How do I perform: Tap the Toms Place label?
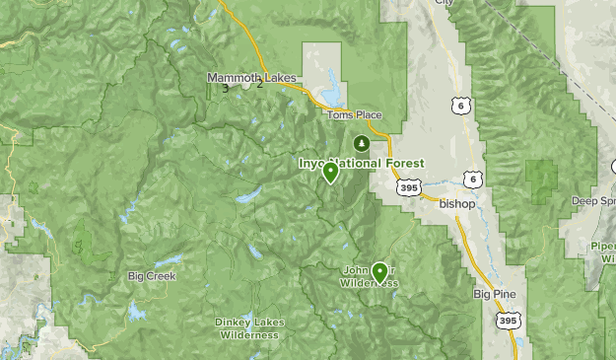tap(354, 115)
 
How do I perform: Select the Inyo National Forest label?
tap(362, 163)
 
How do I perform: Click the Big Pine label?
tap(494, 294)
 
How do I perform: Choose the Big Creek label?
tap(152, 276)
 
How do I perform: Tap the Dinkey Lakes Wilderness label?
tap(247, 327)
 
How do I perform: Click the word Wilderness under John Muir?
tap(370, 283)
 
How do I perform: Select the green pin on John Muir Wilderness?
tap(379, 271)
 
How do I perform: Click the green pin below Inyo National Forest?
tap(331, 172)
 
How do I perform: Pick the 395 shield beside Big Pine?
tap(508, 322)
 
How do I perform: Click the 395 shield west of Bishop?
tap(410, 185)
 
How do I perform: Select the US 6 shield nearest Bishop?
tap(475, 179)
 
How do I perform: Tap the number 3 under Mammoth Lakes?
tap(226, 89)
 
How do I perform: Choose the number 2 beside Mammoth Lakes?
tap(259, 83)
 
